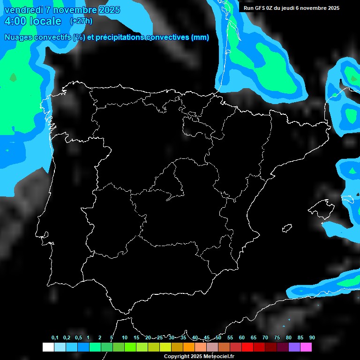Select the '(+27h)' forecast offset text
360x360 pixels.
click(81, 21)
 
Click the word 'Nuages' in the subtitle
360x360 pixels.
click(18, 37)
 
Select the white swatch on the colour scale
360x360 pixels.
click(48, 347)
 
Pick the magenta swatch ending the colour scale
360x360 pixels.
click(306, 347)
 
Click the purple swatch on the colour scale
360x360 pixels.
click(294, 347)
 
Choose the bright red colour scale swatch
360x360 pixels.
click(247, 347)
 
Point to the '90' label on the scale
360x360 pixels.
click(312, 337)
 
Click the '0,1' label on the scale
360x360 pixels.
click(54, 337)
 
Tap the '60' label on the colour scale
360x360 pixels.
click(241, 337)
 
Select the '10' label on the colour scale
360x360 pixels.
click(124, 337)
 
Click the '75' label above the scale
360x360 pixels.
click(277, 337)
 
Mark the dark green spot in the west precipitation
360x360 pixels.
click(13, 77)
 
